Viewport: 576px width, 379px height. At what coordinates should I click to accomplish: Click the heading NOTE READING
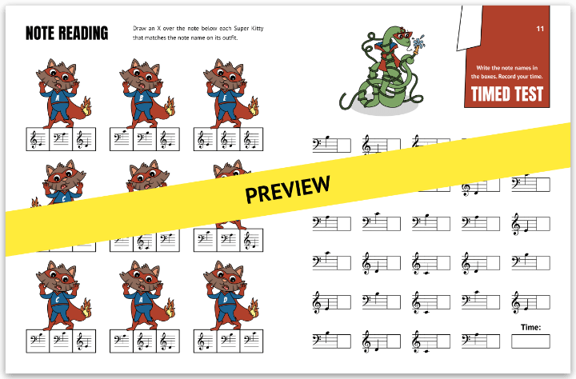[x=66, y=33]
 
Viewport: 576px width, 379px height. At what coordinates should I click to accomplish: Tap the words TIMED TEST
[x=506, y=94]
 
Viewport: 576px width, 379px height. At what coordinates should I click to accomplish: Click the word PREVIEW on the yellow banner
[x=287, y=189]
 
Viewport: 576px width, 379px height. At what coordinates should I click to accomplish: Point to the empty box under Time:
[x=530, y=341]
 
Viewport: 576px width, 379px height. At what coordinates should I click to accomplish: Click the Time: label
[x=530, y=326]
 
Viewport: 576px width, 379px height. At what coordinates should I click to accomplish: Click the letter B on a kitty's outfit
[x=141, y=100]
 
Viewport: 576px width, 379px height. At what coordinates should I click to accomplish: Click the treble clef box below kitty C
[x=83, y=341]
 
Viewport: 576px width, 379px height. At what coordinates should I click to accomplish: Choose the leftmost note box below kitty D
[x=205, y=341]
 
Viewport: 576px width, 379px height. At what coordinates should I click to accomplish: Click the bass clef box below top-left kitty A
[x=62, y=140]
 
